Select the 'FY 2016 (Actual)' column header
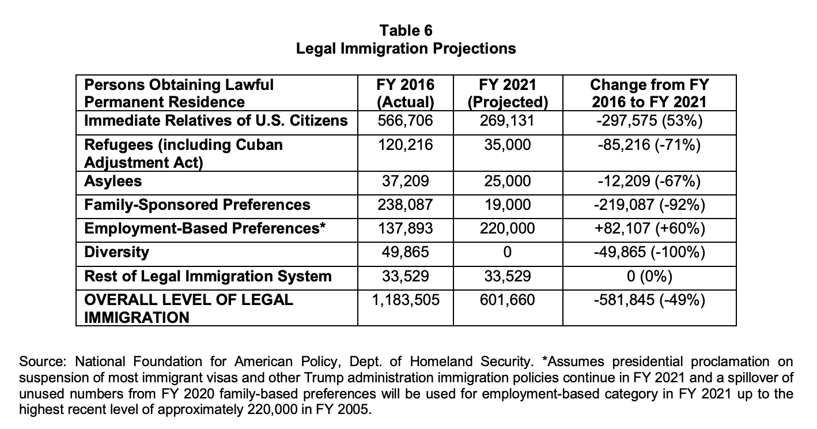coord(405,93)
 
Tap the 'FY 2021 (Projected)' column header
coord(507,93)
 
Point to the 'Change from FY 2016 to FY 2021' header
coord(649,93)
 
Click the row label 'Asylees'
coord(113,182)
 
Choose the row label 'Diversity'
coord(116,252)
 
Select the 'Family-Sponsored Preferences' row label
coord(197,205)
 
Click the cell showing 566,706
coord(405,121)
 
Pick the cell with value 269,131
coord(507,121)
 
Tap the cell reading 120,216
coord(405,144)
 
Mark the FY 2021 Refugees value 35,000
coord(507,144)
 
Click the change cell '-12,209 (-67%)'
coord(649,182)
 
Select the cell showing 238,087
coord(405,205)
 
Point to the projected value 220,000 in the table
coord(507,228)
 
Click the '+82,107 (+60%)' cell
coord(649,228)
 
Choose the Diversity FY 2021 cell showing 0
coord(507,252)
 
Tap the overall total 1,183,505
coord(405,300)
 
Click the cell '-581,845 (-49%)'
coord(649,300)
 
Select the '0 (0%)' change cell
coord(649,276)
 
